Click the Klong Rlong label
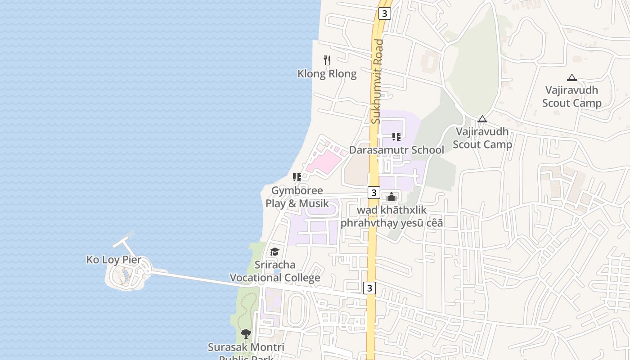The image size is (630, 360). click(327, 74)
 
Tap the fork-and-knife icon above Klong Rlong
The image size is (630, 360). click(328, 60)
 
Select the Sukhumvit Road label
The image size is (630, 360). click(378, 81)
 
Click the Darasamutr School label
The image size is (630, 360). click(396, 150)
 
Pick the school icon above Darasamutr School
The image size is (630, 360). click(396, 136)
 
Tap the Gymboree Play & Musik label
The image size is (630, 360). click(297, 197)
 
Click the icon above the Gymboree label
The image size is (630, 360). click(297, 177)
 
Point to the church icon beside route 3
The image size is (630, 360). click(391, 197)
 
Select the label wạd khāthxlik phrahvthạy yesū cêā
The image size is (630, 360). click(391, 216)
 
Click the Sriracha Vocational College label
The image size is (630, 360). click(275, 271)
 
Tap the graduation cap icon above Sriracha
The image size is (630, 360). click(274, 252)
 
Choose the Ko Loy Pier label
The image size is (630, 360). click(114, 260)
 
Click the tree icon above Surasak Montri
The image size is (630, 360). click(246, 333)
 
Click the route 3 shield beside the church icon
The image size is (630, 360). click(373, 193)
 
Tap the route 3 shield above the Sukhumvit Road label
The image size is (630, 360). click(384, 13)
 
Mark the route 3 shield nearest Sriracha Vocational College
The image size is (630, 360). click(369, 288)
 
